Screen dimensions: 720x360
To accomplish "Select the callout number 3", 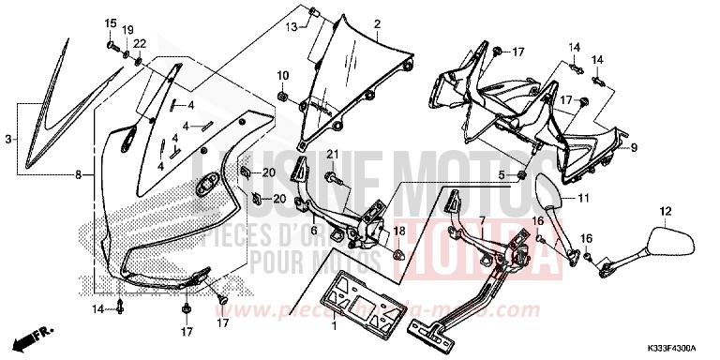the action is [x=8, y=139].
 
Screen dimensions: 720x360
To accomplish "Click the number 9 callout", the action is [x=633, y=148].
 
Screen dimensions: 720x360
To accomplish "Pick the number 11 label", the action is [x=582, y=199].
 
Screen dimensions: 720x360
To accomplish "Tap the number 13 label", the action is [x=291, y=28].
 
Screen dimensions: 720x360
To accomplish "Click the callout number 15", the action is [x=108, y=23].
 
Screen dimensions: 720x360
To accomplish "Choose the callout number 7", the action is [x=483, y=221].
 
